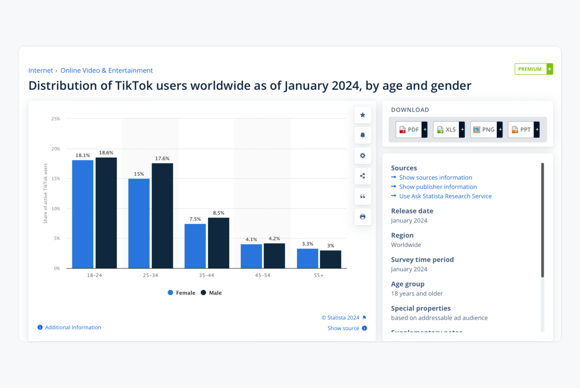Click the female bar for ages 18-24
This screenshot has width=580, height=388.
click(x=83, y=214)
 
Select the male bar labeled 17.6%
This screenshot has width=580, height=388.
click(x=162, y=216)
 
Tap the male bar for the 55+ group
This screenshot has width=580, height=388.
click(x=330, y=259)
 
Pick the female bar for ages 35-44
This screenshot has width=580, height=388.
click(x=195, y=246)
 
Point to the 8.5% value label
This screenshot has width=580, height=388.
click(x=219, y=213)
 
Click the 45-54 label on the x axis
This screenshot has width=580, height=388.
click(x=262, y=275)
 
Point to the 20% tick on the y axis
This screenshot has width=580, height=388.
click(x=56, y=149)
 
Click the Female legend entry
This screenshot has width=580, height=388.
click(x=182, y=293)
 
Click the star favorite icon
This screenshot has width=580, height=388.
click(x=362, y=115)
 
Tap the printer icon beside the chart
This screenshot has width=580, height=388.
click(x=362, y=217)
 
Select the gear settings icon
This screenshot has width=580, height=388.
click(x=362, y=156)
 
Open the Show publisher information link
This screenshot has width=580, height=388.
click(x=438, y=187)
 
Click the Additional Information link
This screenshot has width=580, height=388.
click(x=73, y=328)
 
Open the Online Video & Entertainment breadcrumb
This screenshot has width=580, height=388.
click(x=106, y=71)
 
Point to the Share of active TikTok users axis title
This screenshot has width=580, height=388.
click(x=45, y=193)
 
